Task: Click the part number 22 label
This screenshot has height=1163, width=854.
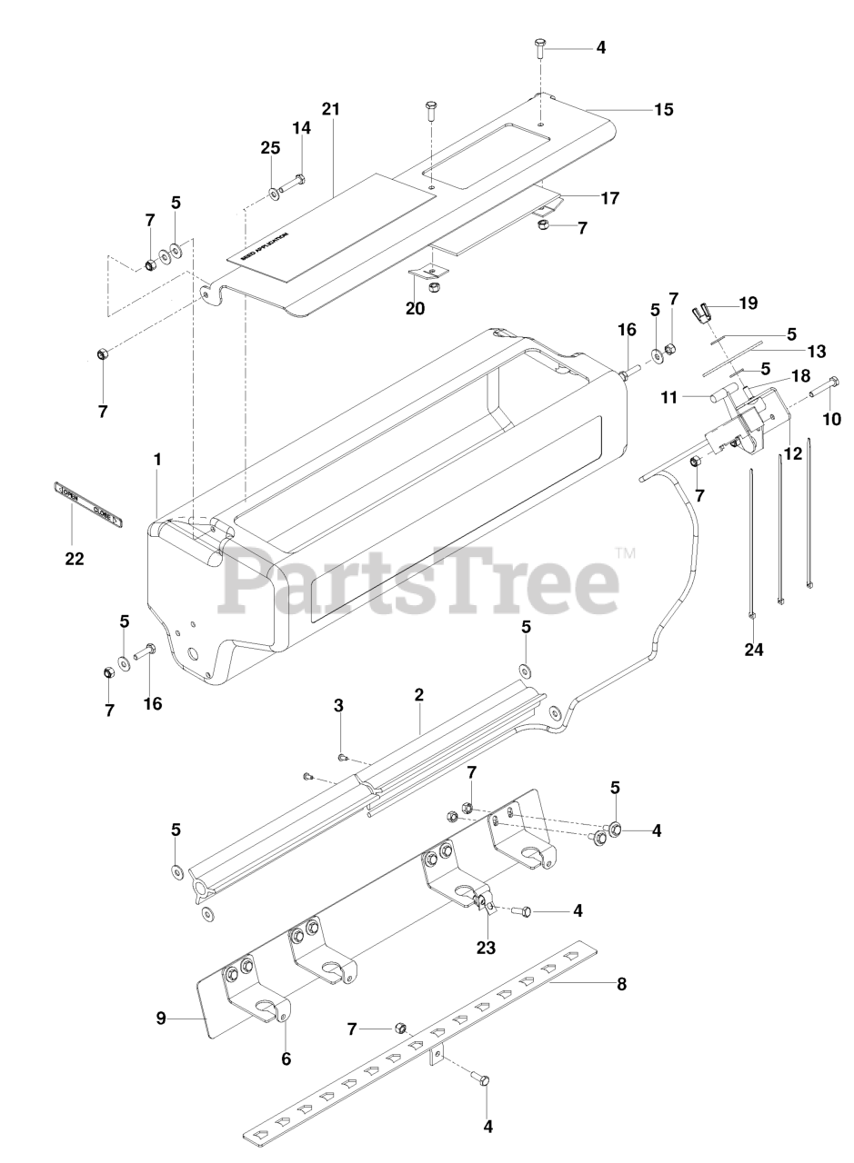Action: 74,559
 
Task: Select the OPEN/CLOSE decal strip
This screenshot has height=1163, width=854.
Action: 86,504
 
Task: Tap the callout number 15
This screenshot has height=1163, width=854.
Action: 664,110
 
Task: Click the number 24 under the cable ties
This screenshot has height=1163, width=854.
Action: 754,649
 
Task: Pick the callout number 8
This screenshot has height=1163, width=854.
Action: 621,983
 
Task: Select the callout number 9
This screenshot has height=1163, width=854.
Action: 161,1019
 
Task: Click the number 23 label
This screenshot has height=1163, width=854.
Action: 486,948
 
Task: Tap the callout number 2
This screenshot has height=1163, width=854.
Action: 419,695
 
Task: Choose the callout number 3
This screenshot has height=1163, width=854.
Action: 338,705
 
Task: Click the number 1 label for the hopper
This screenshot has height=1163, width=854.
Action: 157,460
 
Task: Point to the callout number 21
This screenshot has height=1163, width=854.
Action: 330,109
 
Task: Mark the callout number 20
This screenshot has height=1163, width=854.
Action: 415,308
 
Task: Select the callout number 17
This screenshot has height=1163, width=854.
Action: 610,197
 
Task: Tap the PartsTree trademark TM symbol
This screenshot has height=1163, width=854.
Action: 625,552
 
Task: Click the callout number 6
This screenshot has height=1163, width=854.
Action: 286,1059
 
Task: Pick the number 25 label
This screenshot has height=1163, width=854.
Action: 270,147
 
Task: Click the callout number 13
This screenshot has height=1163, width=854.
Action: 790,352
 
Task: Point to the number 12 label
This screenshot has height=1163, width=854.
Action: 793,453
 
